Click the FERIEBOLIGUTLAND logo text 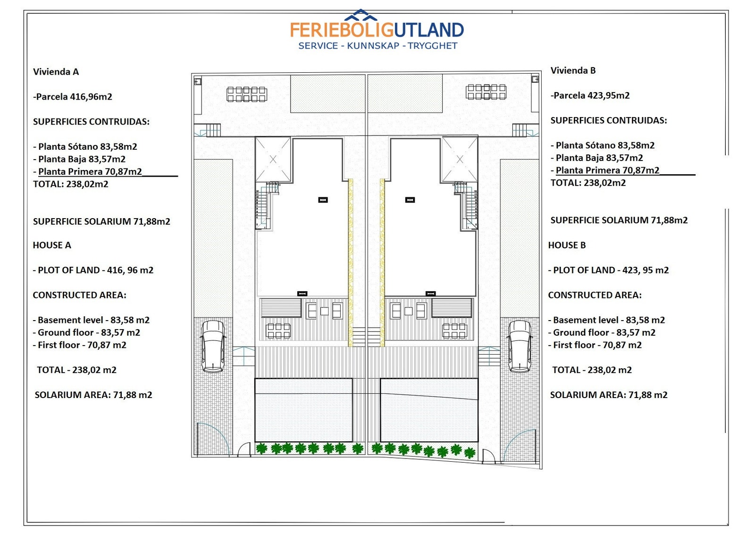(377, 30)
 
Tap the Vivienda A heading (56, 71)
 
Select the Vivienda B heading (573, 70)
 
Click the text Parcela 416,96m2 (73, 97)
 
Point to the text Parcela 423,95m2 (590, 95)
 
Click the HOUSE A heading (52, 245)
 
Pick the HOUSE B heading (567, 245)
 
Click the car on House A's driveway (213, 347)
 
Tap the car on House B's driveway (520, 347)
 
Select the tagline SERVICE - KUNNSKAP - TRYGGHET (378, 46)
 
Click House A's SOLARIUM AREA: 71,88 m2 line (93, 395)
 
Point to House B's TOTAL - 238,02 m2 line (592, 370)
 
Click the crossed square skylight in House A (273, 159)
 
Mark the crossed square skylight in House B (460, 159)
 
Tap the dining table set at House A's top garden (247, 94)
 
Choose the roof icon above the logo (361, 15)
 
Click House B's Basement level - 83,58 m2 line (606, 320)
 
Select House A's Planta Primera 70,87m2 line (88, 172)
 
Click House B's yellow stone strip (382, 263)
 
